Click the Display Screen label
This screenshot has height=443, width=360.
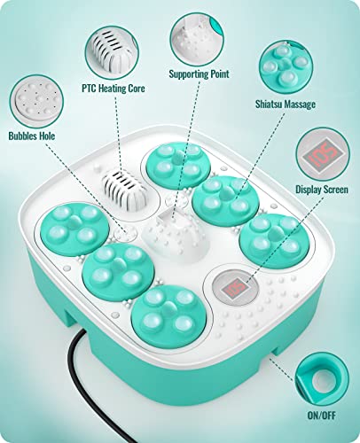322,188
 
